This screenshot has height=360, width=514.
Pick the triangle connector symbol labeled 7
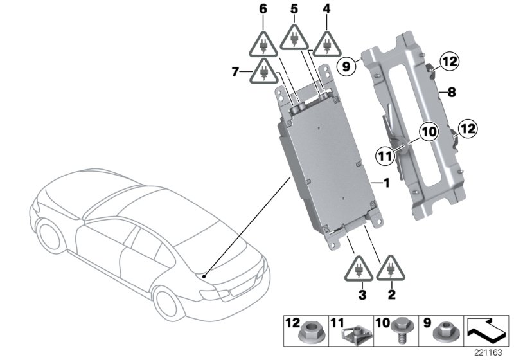click(264, 71)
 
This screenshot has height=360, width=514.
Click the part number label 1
click(387, 183)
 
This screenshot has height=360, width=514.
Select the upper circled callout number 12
click(449, 62)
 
